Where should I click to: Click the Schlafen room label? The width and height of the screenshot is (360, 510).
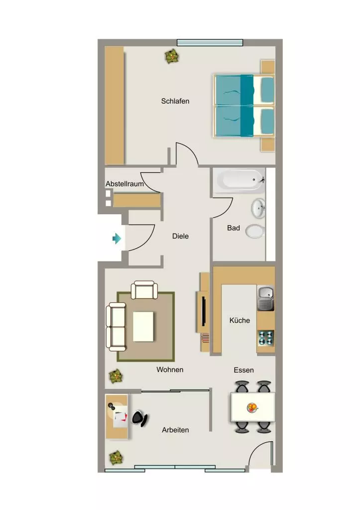(x=175, y=101)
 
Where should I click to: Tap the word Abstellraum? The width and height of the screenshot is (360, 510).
(x=124, y=184)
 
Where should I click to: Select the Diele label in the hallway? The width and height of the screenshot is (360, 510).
(x=180, y=236)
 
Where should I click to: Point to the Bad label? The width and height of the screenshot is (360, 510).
(x=233, y=228)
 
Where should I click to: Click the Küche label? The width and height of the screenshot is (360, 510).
(x=240, y=320)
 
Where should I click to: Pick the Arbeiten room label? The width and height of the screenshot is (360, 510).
(x=175, y=430)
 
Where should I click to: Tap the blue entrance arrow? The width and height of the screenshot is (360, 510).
(x=117, y=239)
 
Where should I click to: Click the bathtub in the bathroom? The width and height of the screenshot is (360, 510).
(x=240, y=180)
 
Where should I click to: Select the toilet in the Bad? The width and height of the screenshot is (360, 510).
(x=255, y=231)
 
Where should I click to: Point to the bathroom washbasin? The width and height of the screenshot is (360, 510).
(x=258, y=208)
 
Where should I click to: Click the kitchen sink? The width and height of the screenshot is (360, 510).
(x=266, y=298)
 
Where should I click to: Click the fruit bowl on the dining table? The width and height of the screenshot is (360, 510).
(x=252, y=407)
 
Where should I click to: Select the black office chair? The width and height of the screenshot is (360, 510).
(x=140, y=418)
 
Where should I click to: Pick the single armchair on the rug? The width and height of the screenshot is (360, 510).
(x=144, y=290)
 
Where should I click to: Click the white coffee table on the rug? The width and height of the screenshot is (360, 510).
(x=143, y=327)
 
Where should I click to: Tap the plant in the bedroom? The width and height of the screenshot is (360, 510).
(x=171, y=56)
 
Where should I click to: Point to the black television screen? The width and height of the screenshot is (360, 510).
(x=204, y=311)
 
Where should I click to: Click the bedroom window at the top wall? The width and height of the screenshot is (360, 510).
(x=210, y=43)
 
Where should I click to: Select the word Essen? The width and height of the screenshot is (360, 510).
(x=243, y=370)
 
